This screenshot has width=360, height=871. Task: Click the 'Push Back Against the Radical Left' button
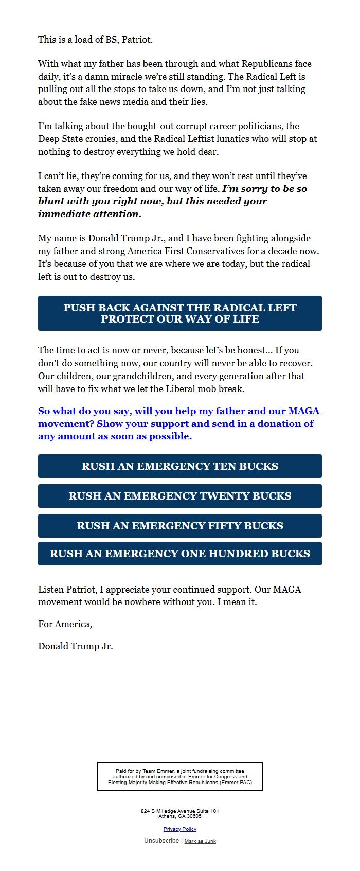pyautogui.click(x=180, y=313)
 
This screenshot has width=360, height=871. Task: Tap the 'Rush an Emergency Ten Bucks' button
pyautogui.click(x=180, y=466)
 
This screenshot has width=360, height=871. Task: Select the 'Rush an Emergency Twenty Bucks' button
pyautogui.click(x=180, y=496)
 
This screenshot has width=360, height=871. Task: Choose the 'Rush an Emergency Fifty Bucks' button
pyautogui.click(x=180, y=526)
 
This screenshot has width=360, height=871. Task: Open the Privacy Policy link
pyautogui.click(x=180, y=829)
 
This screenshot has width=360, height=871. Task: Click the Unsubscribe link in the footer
pyautogui.click(x=161, y=841)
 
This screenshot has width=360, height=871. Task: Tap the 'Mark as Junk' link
pyautogui.click(x=200, y=841)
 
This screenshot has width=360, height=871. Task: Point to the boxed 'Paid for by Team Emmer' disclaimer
pyautogui.click(x=180, y=776)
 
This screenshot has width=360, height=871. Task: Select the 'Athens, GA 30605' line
pyautogui.click(x=180, y=816)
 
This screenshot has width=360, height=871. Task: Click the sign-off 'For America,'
pyautogui.click(x=65, y=624)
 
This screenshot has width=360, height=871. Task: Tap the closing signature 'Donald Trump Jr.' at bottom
pyautogui.click(x=76, y=646)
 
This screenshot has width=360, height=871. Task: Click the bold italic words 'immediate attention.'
pyautogui.click(x=89, y=214)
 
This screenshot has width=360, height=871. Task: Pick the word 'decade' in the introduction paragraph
pyautogui.click(x=282, y=251)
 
